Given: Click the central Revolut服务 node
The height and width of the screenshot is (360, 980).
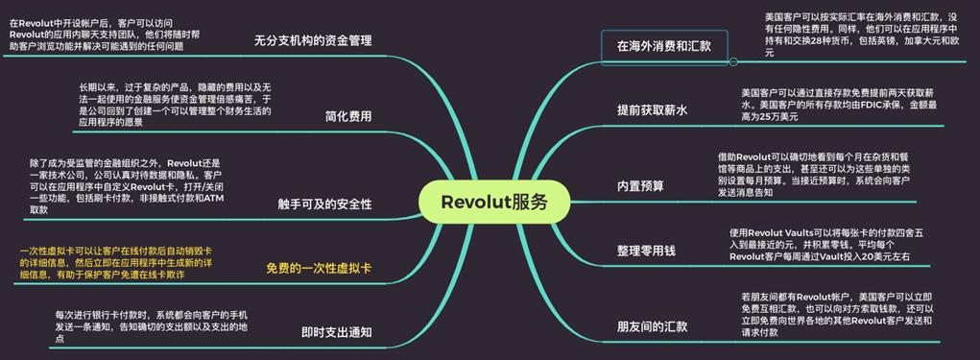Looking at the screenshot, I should point(494,202).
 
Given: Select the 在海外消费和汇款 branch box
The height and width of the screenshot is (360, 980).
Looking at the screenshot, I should point(663,45).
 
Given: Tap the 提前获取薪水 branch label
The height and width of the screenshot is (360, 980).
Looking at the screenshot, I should point(652,110).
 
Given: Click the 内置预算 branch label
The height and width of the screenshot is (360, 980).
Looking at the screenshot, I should point(639,185).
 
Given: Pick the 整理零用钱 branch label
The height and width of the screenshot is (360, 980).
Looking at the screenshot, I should point(646,251).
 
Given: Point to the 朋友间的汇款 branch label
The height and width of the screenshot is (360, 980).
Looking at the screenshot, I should point(652,326).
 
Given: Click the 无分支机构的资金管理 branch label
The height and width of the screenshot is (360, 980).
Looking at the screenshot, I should point(313,41).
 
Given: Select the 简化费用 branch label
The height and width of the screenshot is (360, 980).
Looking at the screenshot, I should point(348,116).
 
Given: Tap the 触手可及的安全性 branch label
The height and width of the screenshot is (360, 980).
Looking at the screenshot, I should point(324,204).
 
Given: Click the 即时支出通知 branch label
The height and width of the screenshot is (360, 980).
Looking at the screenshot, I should point(336,332).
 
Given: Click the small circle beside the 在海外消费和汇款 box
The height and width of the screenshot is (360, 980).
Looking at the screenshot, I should point(733,61).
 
